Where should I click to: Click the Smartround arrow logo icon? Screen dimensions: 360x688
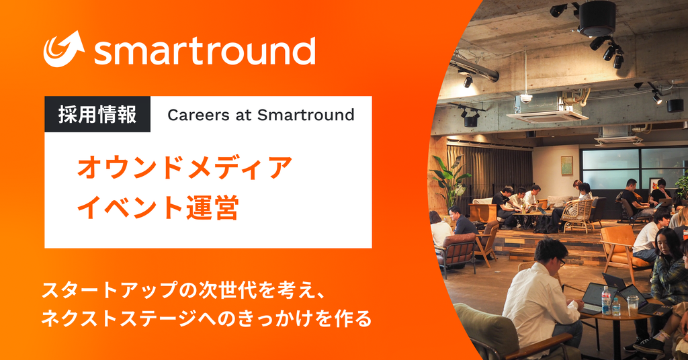(x=64, y=49)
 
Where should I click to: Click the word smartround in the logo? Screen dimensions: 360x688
(x=204, y=51)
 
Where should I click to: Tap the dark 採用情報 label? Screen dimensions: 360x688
(x=97, y=115)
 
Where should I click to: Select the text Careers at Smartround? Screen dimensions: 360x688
(x=261, y=115)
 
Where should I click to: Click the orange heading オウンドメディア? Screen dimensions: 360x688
(x=185, y=167)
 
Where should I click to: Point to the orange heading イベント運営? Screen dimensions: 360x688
(x=158, y=206)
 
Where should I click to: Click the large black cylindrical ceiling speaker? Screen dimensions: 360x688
(x=597, y=17)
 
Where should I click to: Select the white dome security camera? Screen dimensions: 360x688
(x=526, y=98)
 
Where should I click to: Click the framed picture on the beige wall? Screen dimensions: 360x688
(x=566, y=165)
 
